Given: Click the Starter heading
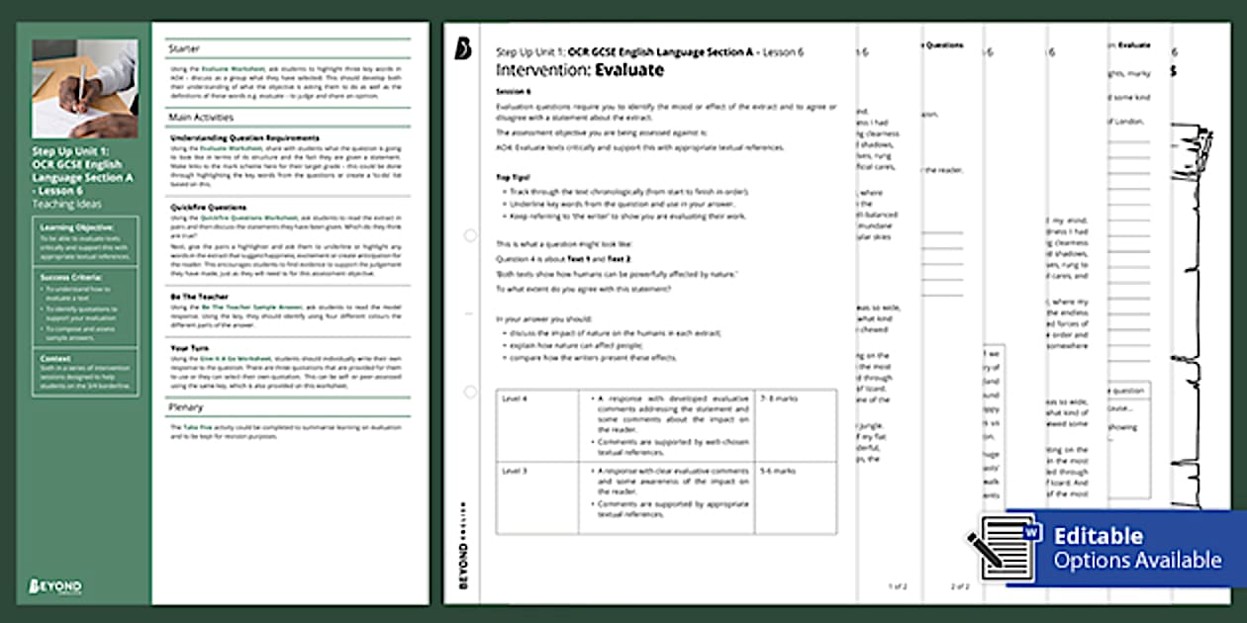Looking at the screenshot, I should click(x=183, y=47).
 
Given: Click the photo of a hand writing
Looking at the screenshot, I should click(x=84, y=89).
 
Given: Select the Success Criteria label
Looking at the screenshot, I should click(x=66, y=278).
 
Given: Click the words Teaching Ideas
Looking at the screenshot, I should click(x=67, y=204).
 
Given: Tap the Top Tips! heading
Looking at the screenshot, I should click(x=515, y=177).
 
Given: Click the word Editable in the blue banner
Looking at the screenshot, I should click(x=1098, y=536).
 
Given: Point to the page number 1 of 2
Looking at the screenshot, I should click(x=897, y=586).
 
